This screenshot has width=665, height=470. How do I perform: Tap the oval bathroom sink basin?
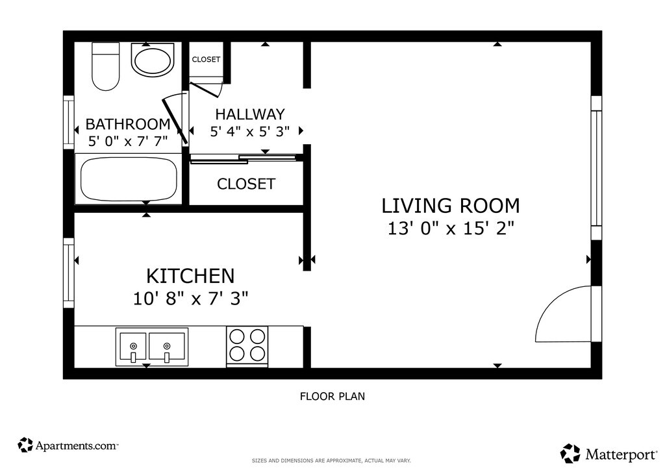pos(152,60)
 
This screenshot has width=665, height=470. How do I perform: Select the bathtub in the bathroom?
pos(129,179)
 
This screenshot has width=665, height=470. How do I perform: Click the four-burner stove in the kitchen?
pos(247,346)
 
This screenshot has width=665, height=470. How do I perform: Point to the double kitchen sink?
pos(152,347)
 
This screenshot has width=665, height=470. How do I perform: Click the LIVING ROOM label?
pos(451,206)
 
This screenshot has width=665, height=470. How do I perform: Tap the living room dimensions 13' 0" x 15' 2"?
pos(451,229)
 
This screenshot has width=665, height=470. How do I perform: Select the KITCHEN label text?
pos(190,276)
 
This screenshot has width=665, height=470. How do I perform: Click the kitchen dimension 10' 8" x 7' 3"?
pos(190,299)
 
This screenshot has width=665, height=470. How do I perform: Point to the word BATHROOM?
pos(128,124)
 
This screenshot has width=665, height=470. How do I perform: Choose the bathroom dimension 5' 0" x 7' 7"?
pos(128,141)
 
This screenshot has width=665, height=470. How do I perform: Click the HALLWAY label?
pos(250,114)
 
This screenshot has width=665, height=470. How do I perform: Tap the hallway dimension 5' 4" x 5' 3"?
pos(250,131)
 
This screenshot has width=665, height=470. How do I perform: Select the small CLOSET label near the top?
pos(206,59)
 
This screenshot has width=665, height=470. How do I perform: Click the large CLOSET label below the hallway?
pos(246,184)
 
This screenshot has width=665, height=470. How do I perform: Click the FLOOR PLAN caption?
pos(332,396)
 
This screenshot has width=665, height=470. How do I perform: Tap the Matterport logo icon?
pos(570,454)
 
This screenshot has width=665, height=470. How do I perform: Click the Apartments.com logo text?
pos(77,445)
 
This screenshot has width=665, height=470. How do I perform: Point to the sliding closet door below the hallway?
pos(242,159)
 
